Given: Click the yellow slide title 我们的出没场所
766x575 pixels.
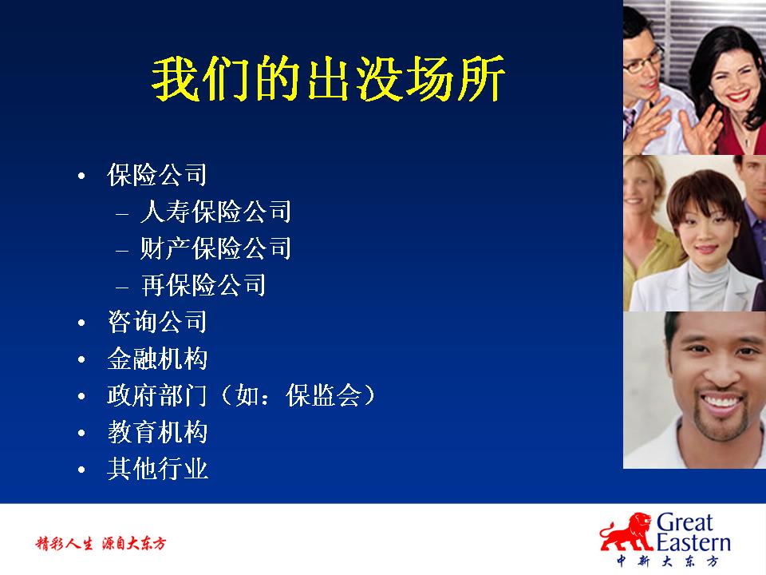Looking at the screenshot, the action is (328, 79).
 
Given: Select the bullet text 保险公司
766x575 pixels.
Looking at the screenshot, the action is (157, 175).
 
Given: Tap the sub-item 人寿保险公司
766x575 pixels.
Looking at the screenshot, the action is (215, 211).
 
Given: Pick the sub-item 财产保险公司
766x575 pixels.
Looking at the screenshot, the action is (215, 248).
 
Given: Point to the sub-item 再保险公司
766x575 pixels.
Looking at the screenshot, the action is (203, 284).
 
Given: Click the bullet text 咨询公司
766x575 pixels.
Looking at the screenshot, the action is (157, 322).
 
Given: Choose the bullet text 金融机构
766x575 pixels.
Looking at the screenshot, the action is (157, 359).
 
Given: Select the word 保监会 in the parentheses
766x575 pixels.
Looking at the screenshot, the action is (323, 395).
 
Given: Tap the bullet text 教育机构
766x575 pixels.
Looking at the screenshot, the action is (157, 432).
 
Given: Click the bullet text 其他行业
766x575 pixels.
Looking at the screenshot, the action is (157, 469).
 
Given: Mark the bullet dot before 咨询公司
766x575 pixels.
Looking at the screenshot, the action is (81, 323).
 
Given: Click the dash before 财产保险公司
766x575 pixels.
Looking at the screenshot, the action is (122, 250).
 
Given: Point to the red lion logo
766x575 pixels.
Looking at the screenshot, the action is (627, 533).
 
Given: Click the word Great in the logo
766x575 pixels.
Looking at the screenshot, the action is (684, 522).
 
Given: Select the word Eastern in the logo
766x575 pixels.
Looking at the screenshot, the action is (693, 543).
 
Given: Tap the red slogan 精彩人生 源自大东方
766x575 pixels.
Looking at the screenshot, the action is (101, 543).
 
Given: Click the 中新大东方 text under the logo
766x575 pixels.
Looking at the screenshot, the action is (667, 561).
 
